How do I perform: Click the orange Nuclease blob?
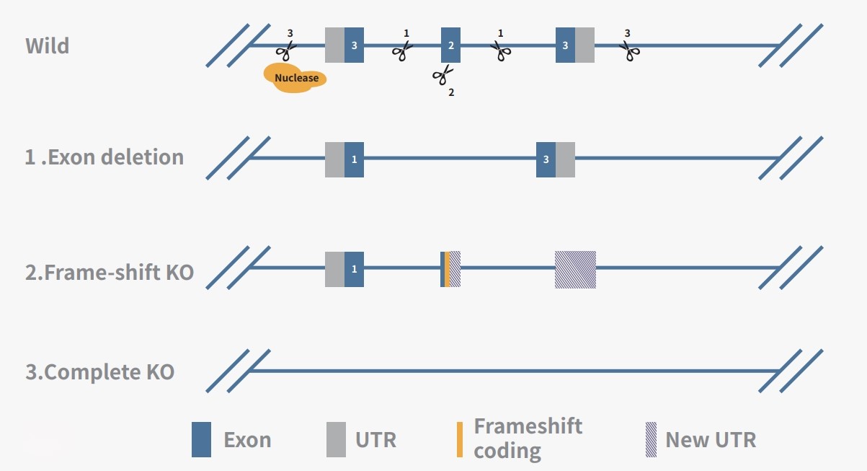[295, 78]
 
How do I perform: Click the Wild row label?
[48, 46]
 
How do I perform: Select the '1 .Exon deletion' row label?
[105, 157]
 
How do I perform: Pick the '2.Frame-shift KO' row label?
[110, 273]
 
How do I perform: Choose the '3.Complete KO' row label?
[100, 373]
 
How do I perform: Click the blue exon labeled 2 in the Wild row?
[450, 45]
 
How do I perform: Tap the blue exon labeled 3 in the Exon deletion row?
[546, 159]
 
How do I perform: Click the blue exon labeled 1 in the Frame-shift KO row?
[354, 269]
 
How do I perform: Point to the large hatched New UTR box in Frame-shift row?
[575, 269]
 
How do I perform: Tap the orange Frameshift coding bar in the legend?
[459, 438]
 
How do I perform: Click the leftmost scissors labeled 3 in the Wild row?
[286, 49]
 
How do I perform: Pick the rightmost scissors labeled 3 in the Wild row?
[630, 50]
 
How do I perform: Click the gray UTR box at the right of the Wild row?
[585, 45]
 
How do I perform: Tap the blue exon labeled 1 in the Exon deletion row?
[354, 159]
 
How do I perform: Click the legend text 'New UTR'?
[711, 440]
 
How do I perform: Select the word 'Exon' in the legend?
[247, 440]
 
